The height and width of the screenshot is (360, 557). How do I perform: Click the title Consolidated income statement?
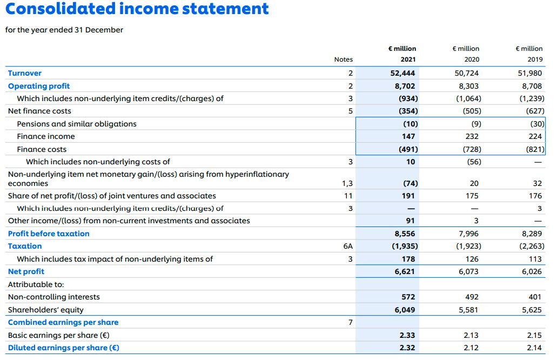point(137,9)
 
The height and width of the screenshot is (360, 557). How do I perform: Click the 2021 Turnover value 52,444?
point(402,73)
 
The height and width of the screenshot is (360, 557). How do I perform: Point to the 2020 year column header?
point(471,59)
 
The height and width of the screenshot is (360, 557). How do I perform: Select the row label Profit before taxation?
point(49,234)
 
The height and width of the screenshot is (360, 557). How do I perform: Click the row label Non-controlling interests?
point(53,297)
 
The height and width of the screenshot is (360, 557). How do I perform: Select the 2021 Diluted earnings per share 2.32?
point(407,348)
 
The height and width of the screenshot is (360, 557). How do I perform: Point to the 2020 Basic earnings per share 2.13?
point(471,335)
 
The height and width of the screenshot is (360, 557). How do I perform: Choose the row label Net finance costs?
point(39,111)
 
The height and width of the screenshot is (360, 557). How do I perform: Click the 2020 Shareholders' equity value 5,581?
point(468,310)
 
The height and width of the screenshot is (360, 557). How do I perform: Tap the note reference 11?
point(348,196)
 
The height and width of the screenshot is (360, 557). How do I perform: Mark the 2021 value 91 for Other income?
point(410,221)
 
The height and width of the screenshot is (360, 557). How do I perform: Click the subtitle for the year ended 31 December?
point(64,30)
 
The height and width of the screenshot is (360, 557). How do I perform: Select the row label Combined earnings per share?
point(63,322)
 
